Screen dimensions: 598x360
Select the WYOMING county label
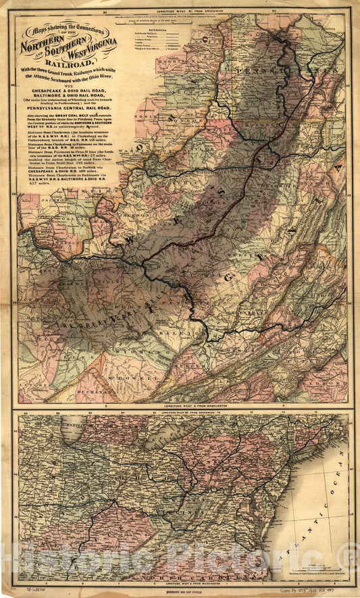131,351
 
